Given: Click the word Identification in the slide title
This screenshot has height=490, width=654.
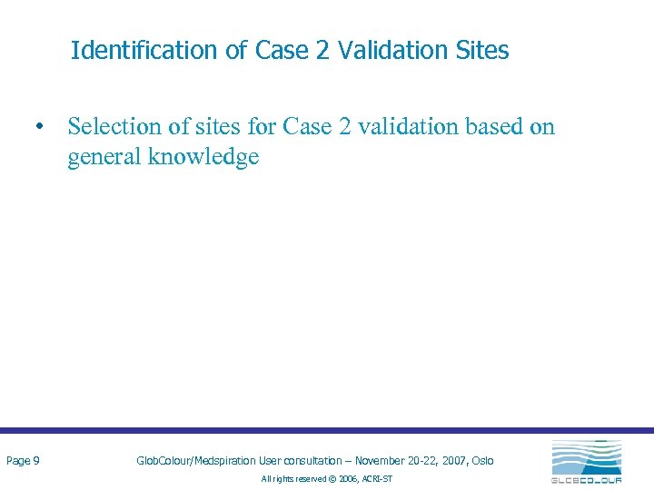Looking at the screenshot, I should (x=145, y=51).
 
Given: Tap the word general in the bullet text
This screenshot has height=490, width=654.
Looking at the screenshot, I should (x=104, y=157).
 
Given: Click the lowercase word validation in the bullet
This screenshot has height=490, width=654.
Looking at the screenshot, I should (x=410, y=127).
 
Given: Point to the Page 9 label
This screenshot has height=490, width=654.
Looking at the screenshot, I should (x=23, y=461).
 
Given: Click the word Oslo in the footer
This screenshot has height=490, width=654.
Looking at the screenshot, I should (x=482, y=461).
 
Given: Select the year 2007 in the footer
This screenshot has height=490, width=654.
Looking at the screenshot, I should (x=451, y=461).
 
